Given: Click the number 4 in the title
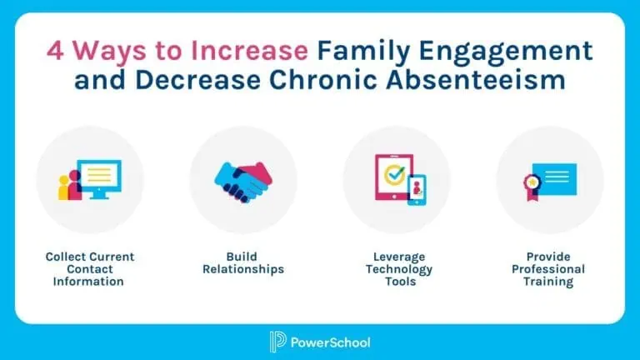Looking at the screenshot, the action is click(55, 51).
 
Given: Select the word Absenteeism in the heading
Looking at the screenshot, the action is click(476, 79).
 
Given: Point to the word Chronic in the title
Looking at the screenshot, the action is click(322, 79).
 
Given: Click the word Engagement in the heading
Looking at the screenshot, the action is click(506, 52).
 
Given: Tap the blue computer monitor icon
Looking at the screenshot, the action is click(99, 179).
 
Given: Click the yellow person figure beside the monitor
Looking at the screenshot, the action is click(64, 187).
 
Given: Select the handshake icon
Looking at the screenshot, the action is click(243, 182).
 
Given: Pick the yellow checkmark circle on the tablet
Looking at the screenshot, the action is click(394, 175).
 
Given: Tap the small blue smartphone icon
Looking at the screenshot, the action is click(417, 190).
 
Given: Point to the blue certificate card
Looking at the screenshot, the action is click(555, 179).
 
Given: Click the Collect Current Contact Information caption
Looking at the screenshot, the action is click(89, 269).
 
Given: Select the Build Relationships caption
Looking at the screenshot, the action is click(243, 262).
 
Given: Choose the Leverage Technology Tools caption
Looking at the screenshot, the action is click(399, 269).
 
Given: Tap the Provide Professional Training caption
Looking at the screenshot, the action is click(548, 269).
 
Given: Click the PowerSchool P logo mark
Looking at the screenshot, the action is click(277, 342).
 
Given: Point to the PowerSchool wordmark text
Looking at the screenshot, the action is click(331, 342).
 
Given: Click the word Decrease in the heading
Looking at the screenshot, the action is click(198, 79).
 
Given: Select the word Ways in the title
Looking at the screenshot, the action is click(109, 52).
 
